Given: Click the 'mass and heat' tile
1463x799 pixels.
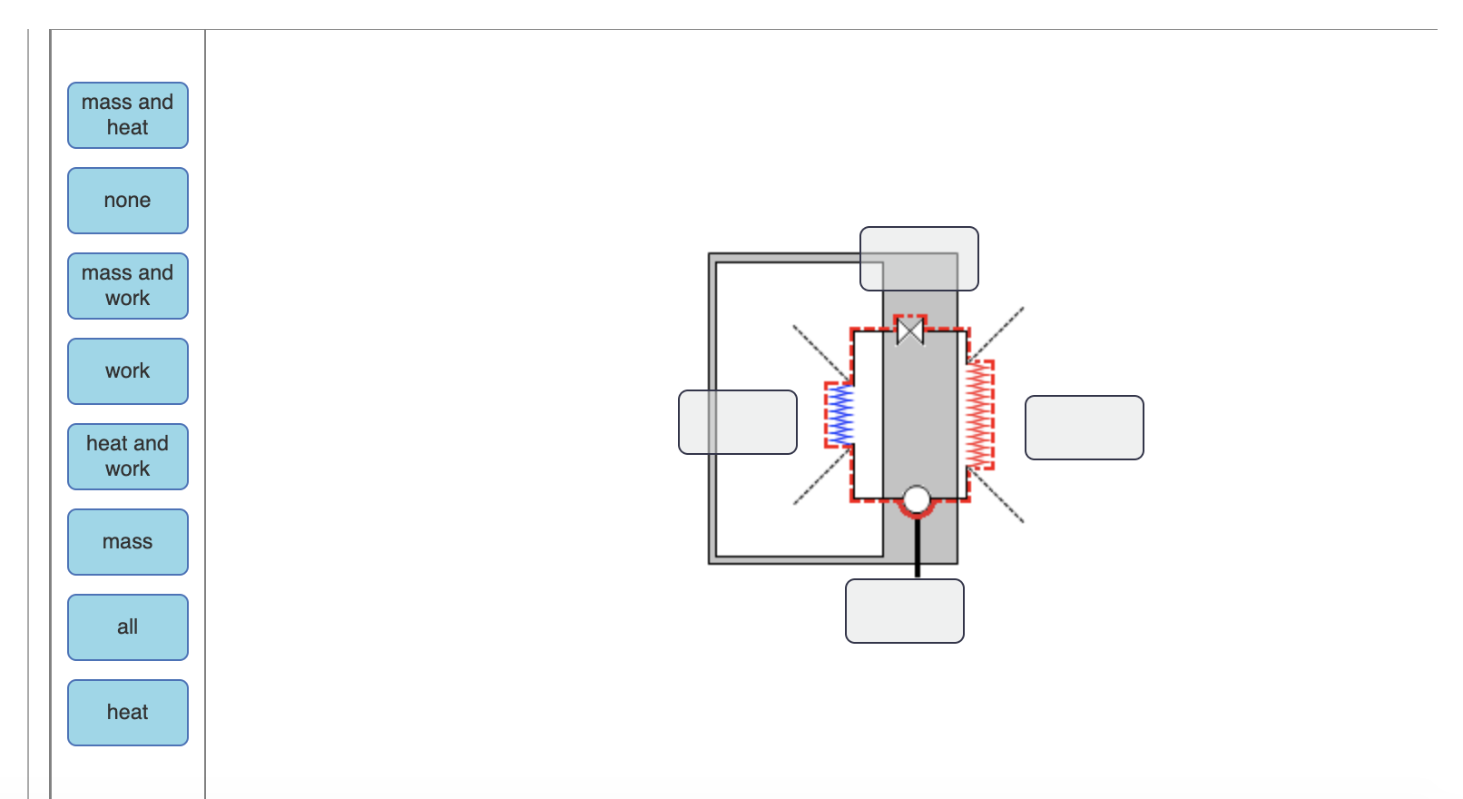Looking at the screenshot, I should tap(128, 115).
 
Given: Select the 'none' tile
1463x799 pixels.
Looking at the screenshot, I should tap(128, 201).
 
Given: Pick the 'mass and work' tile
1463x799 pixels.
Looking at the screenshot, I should tap(128, 286).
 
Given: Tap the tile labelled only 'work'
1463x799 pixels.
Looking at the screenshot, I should tap(128, 371).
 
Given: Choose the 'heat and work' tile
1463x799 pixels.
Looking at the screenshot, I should tap(128, 457).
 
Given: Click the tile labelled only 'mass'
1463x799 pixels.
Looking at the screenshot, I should tap(128, 542).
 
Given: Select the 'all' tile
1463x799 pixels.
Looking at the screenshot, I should tap(128, 627).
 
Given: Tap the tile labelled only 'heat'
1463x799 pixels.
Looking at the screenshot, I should tap(128, 713).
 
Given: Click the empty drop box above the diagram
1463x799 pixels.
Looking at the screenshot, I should tap(919, 259).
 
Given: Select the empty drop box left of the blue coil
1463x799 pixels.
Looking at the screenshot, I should tap(738, 422).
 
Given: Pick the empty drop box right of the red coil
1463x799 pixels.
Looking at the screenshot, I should tap(1085, 428).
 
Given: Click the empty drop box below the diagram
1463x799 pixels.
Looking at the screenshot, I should tap(905, 611).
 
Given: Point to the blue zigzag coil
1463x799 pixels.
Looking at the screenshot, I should tap(842, 415).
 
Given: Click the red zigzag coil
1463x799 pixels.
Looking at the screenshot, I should tap(979, 415).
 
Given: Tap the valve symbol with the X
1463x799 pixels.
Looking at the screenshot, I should tap(910, 330).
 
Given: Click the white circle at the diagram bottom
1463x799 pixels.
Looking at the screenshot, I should tap(917, 499).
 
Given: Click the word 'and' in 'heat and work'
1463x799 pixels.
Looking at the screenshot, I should tap(152, 443).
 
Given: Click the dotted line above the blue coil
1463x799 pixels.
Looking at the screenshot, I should tap(820, 351).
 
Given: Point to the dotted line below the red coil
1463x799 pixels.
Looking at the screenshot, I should tap(997, 496).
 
